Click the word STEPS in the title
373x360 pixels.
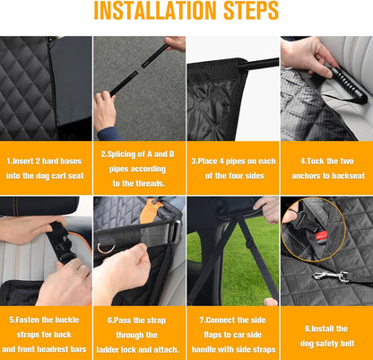(x=251, y=11)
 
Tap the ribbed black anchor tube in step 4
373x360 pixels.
(x=349, y=84)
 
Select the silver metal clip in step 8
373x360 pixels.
(x=331, y=276)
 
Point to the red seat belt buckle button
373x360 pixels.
(x=322, y=236)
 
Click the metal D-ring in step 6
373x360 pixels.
(x=107, y=248)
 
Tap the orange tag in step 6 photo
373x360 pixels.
(x=150, y=212)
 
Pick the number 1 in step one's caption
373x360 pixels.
(x=8, y=162)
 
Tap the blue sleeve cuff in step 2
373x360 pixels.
(x=109, y=134)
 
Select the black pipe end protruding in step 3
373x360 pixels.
(x=259, y=64)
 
